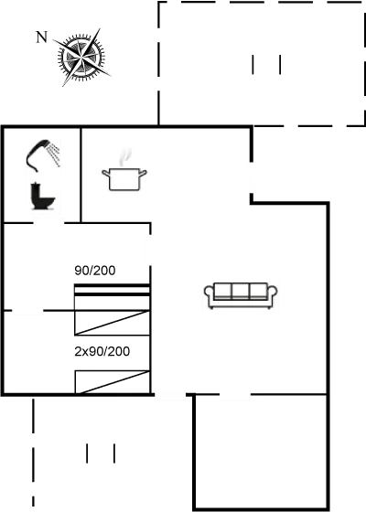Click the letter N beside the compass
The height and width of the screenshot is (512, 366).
(x=40, y=37)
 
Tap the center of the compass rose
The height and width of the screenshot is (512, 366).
(x=80, y=59)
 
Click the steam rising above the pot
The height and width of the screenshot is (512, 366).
(x=127, y=153)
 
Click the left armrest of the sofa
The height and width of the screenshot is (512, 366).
(x=210, y=294)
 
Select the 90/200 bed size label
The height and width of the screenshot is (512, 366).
(x=95, y=271)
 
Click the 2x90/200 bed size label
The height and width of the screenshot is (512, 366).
(x=102, y=352)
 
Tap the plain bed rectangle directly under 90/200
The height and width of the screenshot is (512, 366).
(x=112, y=297)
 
